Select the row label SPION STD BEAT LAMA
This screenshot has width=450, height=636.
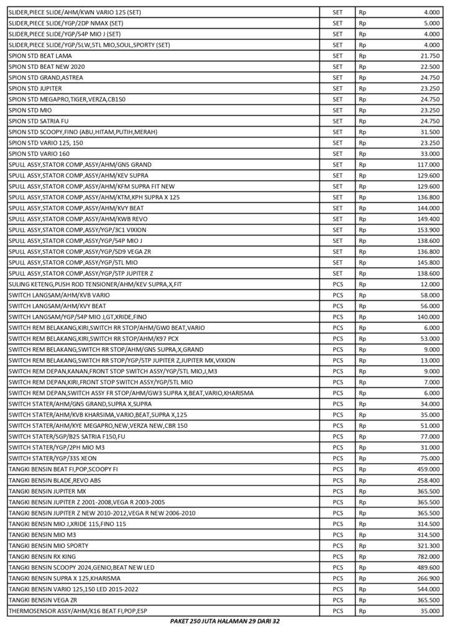[40, 56]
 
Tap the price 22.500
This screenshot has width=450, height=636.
[429, 66]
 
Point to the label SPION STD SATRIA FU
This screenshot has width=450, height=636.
[39, 121]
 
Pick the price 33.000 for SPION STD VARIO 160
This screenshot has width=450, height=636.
[429, 153]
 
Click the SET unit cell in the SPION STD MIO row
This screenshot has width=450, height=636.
[337, 110]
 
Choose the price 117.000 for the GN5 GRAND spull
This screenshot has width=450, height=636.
[427, 165]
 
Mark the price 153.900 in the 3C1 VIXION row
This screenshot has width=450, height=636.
[427, 230]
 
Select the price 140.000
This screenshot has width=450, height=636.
[427, 317]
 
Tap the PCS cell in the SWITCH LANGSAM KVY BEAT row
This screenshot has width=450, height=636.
[337, 306]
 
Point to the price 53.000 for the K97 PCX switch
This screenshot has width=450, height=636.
[429, 338]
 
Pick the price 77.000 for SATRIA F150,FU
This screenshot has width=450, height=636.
[429, 436]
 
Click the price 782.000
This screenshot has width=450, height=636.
[427, 556]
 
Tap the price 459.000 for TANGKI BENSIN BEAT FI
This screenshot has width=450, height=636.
[427, 469]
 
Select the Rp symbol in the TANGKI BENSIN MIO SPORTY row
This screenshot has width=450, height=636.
[363, 545]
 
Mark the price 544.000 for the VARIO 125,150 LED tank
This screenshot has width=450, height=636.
[427, 588]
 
